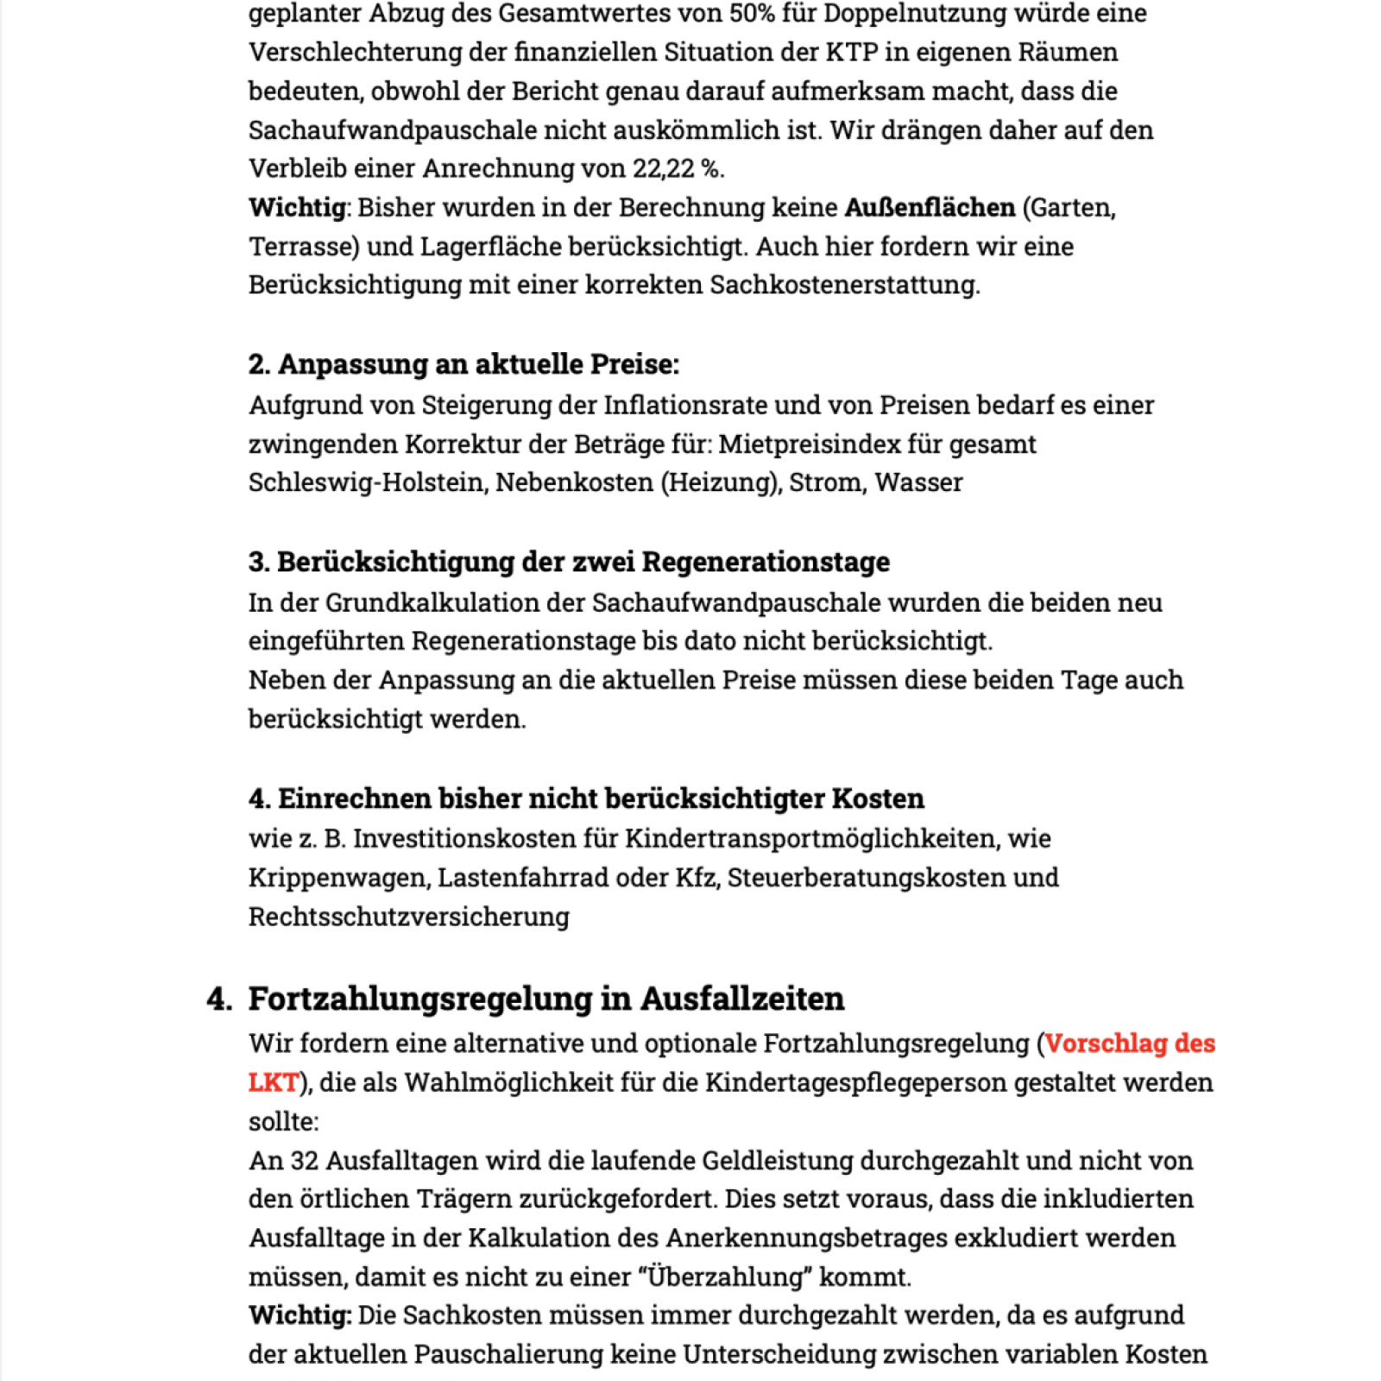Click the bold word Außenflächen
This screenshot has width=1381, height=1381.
(x=930, y=208)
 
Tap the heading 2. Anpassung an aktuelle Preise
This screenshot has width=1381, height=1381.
(x=463, y=364)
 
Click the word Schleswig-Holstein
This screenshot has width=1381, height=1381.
(x=366, y=482)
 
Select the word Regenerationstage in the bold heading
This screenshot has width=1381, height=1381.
(x=766, y=562)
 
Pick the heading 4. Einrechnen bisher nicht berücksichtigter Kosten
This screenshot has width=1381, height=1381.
(x=586, y=798)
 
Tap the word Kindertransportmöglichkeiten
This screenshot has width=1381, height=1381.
(x=810, y=839)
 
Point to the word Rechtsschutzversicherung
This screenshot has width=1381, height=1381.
(x=408, y=917)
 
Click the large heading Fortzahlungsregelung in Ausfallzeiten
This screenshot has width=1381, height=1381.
(x=545, y=999)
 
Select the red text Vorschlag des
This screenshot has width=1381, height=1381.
(x=1129, y=1044)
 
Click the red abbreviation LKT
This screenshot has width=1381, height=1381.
(x=273, y=1082)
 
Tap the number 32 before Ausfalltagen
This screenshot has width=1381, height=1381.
(x=305, y=1161)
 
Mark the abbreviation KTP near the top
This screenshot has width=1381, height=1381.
(x=852, y=53)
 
